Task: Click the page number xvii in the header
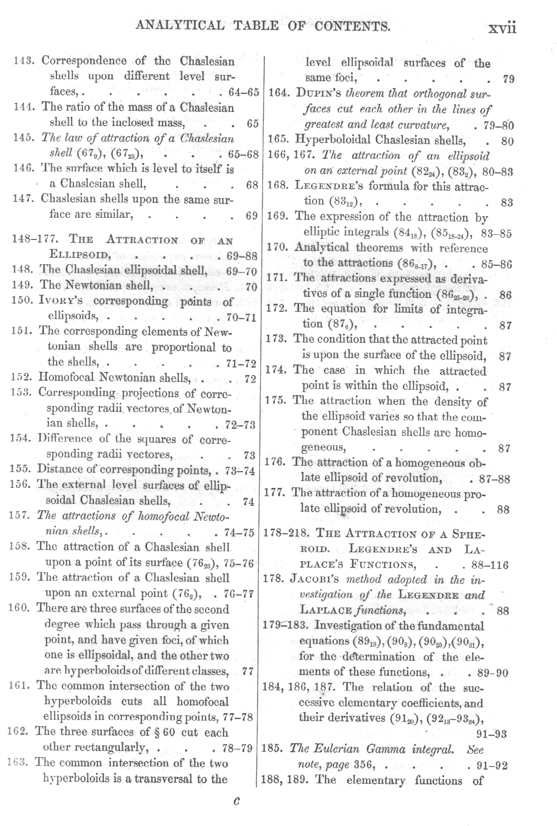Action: pyautogui.click(x=501, y=26)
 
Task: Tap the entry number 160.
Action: pyautogui.click(x=21, y=609)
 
